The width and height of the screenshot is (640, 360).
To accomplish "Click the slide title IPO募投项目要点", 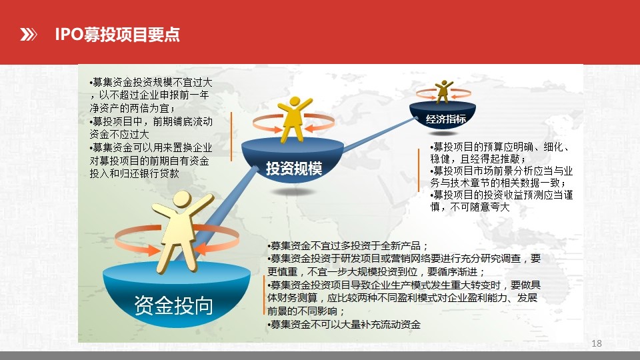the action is coord(117,34).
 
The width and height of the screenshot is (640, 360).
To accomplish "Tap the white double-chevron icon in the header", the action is coord(29,35).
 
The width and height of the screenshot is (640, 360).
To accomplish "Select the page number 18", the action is coord(596,343).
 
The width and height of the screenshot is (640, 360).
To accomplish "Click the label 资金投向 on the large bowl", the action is coord(174,305).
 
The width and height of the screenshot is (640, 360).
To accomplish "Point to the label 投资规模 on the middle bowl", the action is coord(294,168).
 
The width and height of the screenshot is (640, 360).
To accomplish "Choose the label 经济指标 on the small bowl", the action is coord(445,119).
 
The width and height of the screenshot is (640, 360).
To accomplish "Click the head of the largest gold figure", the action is coord(182,200).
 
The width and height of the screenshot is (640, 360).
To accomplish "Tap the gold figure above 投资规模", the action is coord(294,119).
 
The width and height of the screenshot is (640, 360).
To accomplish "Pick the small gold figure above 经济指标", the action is coord(443,91).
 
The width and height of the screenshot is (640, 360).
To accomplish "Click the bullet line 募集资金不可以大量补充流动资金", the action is coord(344,325).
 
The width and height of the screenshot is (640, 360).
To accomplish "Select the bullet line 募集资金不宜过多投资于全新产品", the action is coord(348,246).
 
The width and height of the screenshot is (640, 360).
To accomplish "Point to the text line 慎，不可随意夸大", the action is coord(470,207).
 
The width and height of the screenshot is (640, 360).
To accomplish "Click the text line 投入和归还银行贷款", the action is coord(134,173).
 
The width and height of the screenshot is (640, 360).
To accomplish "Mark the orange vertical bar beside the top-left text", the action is coord(231,137).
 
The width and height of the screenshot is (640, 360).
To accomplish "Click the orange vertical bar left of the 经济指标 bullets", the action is coord(419,170).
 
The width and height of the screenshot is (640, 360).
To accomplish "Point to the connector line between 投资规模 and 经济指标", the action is coord(380,134).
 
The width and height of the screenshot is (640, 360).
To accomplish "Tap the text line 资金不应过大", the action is coord(119,134).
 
